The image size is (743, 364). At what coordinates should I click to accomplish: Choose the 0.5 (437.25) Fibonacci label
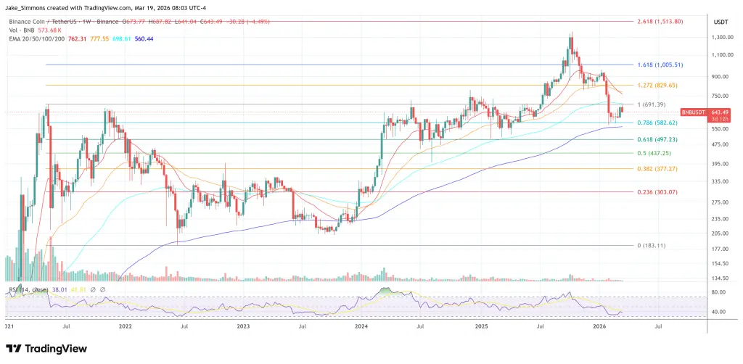pyautogui.click(x=654, y=153)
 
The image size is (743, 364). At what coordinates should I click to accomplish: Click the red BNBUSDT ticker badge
pyautogui.click(x=692, y=112)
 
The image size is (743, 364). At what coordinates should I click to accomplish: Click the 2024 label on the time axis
pyautogui.click(x=361, y=327)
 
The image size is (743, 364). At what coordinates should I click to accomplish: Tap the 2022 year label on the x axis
pyautogui.click(x=125, y=327)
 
